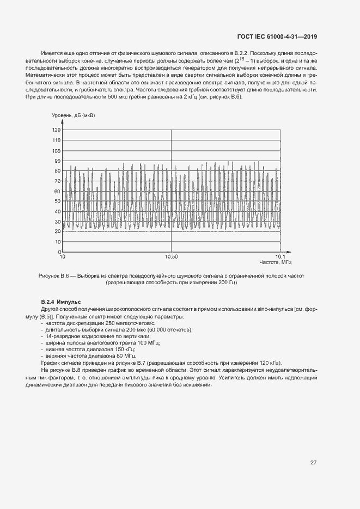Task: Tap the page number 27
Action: click(x=313, y=463)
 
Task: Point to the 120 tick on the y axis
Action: click(x=57, y=130)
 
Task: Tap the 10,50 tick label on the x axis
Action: click(x=171, y=256)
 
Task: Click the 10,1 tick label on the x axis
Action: click(x=279, y=256)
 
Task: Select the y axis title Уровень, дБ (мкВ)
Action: click(x=73, y=115)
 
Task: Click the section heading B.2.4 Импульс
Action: click(x=60, y=302)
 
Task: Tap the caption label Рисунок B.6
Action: click(x=56, y=276)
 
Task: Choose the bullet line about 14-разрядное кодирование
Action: click(x=88, y=336)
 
